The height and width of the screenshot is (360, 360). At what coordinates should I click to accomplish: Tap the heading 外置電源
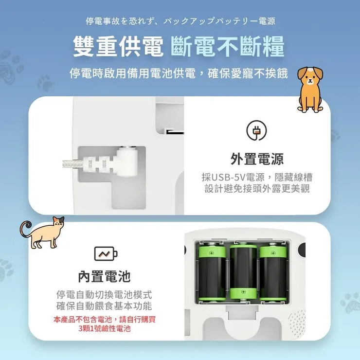tap(257, 159)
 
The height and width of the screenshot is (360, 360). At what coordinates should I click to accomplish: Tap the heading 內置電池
tap(105, 277)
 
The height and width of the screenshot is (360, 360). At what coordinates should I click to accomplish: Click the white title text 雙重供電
tap(119, 47)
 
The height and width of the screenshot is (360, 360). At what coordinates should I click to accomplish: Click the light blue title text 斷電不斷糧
tap(228, 47)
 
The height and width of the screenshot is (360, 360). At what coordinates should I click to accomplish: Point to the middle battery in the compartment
tap(243, 272)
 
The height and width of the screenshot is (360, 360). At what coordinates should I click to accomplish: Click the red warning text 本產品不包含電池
tap(83, 320)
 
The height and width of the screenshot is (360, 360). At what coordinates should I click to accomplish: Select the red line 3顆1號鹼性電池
tap(105, 329)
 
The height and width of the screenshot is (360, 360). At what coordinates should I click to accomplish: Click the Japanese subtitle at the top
tap(180, 21)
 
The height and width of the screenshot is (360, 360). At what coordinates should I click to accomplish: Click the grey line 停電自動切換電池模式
tap(105, 295)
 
